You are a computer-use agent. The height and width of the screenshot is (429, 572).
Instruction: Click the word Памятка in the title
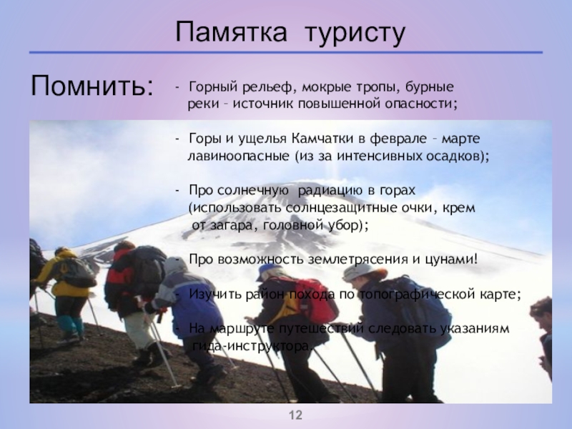(231, 31)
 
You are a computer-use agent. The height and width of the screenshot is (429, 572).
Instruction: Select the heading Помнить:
(92, 85)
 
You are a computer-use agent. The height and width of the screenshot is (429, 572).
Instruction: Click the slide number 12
(296, 415)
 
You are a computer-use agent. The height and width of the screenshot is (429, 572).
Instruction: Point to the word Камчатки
(322, 139)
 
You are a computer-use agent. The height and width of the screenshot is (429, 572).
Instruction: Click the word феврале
(398, 139)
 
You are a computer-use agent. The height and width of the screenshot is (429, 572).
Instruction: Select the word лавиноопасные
(238, 156)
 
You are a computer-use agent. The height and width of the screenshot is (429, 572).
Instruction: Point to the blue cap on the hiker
(269, 272)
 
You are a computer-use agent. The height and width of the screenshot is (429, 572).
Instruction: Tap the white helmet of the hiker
(357, 272)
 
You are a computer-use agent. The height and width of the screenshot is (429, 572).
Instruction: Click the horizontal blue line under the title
(286, 52)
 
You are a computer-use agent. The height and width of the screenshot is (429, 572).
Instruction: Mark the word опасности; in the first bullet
(420, 104)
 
